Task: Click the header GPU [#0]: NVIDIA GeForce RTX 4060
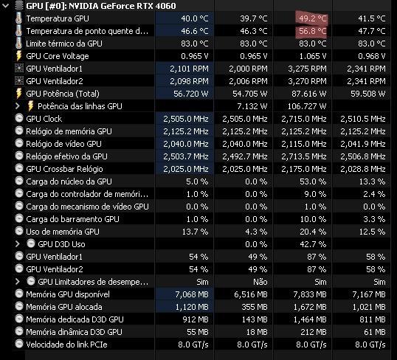pyautogui.click(x=101, y=6)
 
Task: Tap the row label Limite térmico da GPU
pyautogui.click(x=64, y=44)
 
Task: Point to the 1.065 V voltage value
pyautogui.click(x=313, y=56)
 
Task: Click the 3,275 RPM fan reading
pyautogui.click(x=308, y=69)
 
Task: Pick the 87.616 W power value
pyautogui.click(x=309, y=94)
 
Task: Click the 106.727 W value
pyautogui.click(x=307, y=106)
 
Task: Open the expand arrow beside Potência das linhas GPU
pyautogui.click(x=17, y=106)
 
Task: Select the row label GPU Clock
pyautogui.click(x=44, y=119)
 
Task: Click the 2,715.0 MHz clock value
pyautogui.click(x=304, y=119)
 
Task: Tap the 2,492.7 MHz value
pyautogui.click(x=245, y=156)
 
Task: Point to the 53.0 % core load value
pyautogui.click(x=313, y=181)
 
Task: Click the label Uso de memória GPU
pyautogui.click(x=63, y=232)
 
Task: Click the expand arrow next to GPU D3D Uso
pyautogui.click(x=17, y=244)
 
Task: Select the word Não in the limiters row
pyautogui.click(x=260, y=282)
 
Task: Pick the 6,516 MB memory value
pyautogui.click(x=251, y=294)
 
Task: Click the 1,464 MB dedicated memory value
pyautogui.click(x=310, y=319)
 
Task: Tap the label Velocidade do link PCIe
pyautogui.click(x=66, y=345)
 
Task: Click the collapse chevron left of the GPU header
pyautogui.click(x=5, y=6)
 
